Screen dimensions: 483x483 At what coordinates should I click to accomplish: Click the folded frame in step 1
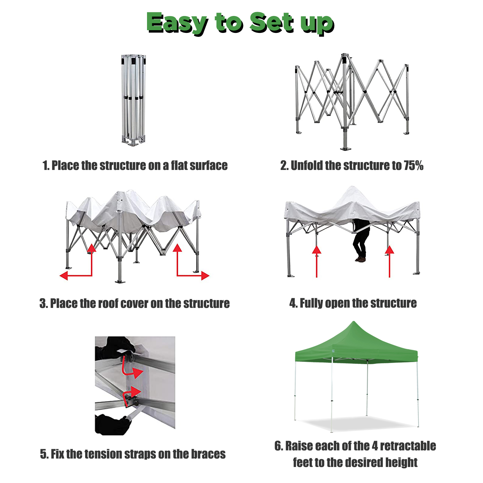tap(133, 100)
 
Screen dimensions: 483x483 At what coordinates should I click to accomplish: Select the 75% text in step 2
tap(414, 165)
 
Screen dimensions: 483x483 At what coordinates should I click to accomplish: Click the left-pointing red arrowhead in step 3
tap(64, 275)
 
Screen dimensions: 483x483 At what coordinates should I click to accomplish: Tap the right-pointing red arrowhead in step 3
tap(205, 275)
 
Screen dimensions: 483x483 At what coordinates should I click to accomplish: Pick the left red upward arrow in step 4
tap(316, 261)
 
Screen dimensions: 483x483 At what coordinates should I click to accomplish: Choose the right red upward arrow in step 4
tap(389, 261)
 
